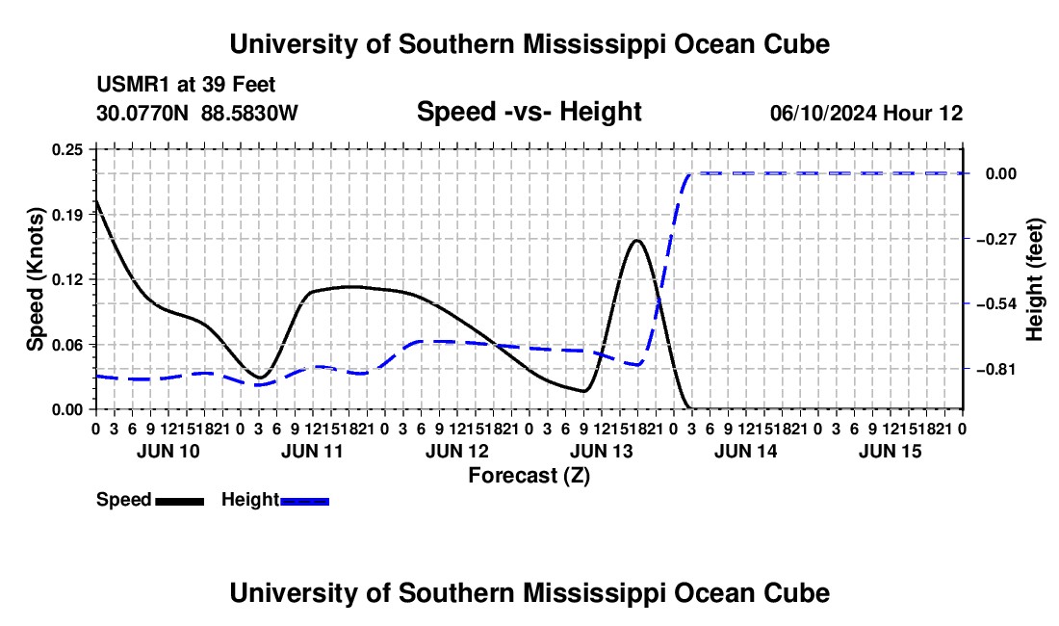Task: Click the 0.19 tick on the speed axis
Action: (x=67, y=215)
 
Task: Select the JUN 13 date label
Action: (x=601, y=452)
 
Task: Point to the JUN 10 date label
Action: (x=168, y=452)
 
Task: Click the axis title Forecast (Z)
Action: (x=529, y=476)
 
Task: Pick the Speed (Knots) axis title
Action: (x=35, y=279)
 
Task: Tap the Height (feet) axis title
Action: (x=1034, y=279)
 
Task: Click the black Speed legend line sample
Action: (x=180, y=501)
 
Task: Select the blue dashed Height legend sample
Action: (x=304, y=501)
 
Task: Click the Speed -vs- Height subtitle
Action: (x=529, y=112)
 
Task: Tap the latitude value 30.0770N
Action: (x=142, y=113)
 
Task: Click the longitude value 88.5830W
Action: (x=249, y=113)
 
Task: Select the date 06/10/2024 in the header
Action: (x=823, y=113)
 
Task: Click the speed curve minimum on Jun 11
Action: (x=259, y=378)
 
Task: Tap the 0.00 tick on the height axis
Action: (x=1001, y=174)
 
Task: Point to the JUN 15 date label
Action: (x=891, y=452)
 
